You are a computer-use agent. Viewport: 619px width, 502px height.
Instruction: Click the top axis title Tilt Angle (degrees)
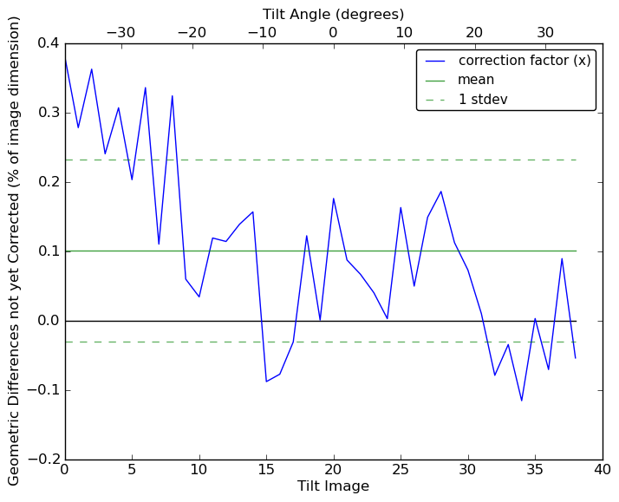tap(333, 14)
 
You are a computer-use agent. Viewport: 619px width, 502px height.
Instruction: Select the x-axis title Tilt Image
tap(333, 486)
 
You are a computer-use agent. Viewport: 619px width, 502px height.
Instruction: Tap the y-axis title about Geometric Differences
tap(15, 251)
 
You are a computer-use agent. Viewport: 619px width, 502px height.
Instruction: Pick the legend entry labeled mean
tap(476, 80)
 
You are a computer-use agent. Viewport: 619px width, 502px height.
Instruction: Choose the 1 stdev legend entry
tap(483, 100)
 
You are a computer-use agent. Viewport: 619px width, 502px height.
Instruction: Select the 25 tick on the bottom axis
tap(401, 469)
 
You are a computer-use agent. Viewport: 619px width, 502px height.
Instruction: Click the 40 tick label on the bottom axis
tap(603, 469)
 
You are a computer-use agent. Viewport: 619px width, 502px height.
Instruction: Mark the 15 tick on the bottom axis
tap(266, 469)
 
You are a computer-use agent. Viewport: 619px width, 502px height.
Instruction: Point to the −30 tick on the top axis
tap(121, 33)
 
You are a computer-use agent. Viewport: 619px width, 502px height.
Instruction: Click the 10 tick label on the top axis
tap(404, 33)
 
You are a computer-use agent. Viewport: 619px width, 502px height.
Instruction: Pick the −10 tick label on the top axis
tap(262, 33)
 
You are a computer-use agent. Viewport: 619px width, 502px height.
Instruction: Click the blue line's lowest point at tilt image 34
tap(522, 401)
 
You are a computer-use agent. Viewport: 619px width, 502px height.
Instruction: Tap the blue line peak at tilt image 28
tap(440, 192)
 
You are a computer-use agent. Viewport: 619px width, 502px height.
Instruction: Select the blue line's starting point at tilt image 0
tap(65, 59)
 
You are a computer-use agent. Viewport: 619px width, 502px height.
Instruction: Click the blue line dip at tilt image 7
tap(159, 244)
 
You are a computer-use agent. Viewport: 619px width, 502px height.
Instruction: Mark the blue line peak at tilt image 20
tap(333, 199)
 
